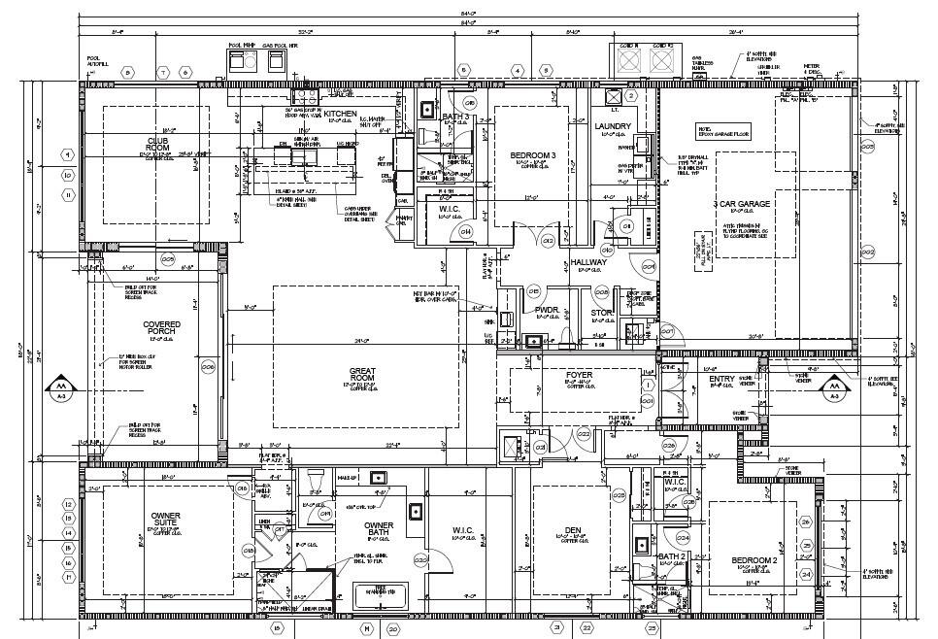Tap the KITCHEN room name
coord(340,115)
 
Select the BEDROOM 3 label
coord(533,155)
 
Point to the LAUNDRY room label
coord(613,127)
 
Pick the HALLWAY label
coord(588,262)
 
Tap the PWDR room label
coord(546,311)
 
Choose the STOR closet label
coord(602,313)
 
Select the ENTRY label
coord(721,379)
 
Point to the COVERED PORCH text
coord(161,329)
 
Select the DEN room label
coord(571,530)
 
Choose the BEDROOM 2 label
coord(754,561)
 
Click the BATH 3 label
coord(455,118)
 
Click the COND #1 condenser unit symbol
coord(628,60)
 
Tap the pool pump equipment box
coord(239,60)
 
